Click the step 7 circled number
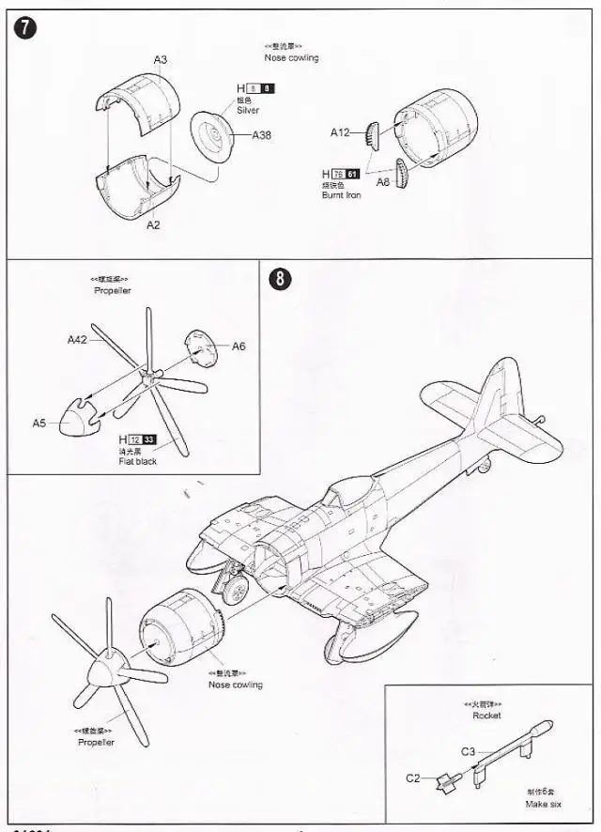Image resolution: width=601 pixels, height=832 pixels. (25, 28)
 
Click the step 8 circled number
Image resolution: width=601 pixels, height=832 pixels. (278, 279)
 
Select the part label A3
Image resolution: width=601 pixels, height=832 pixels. (161, 59)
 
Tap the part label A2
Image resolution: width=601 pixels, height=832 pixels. (153, 225)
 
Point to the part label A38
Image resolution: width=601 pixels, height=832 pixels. (262, 135)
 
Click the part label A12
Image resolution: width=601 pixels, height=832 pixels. (339, 132)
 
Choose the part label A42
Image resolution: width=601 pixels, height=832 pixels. (77, 340)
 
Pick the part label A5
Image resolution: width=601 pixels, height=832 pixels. (39, 424)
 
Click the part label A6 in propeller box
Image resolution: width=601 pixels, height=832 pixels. (239, 347)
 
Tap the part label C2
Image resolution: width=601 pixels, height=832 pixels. (413, 778)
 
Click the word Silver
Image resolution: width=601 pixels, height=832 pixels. (248, 110)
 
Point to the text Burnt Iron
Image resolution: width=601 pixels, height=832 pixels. (341, 195)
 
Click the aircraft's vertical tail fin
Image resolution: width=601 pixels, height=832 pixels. (489, 394)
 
